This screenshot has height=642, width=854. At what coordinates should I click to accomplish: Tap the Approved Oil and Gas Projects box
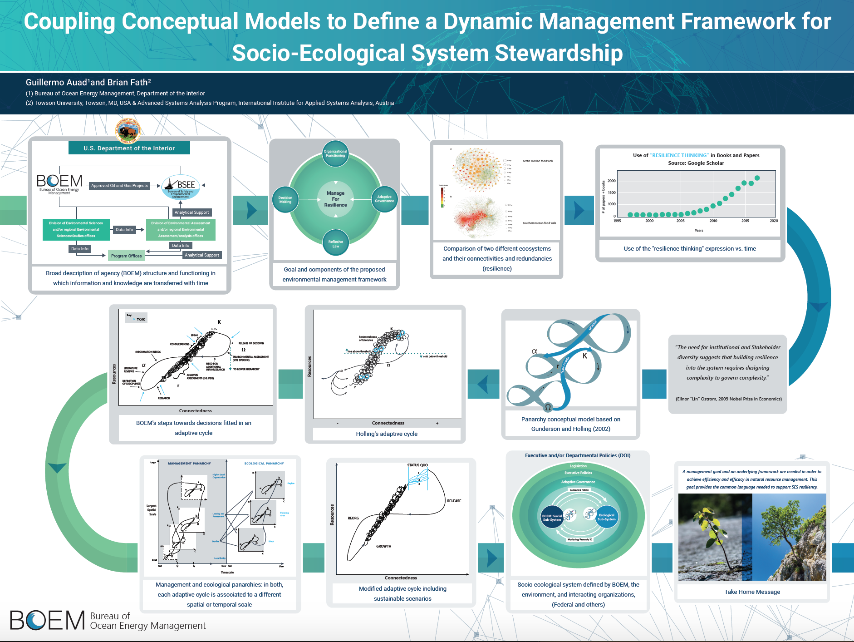pos(119,186)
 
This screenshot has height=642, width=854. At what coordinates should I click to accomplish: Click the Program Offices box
pos(126,256)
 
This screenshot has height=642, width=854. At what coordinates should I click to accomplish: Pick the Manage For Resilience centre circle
pos(335,199)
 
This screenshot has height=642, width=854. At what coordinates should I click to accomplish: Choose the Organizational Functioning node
pos(335,153)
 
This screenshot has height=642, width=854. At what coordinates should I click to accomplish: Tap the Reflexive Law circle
pos(335,244)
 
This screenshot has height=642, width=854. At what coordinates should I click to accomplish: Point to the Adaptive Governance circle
pos(384,199)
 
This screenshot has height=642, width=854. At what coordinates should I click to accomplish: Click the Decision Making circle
pos(285,199)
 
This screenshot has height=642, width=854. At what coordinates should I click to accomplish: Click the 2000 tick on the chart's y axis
pos(611,181)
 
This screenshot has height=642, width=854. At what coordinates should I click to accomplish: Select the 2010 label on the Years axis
pos(713,221)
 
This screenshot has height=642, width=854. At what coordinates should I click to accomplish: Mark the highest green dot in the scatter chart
pos(757,178)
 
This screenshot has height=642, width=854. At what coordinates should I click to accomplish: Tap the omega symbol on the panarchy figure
pos(548,407)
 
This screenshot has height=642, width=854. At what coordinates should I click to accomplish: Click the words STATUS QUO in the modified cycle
pos(417,465)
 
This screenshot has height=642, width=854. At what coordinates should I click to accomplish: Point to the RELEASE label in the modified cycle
pos(454,501)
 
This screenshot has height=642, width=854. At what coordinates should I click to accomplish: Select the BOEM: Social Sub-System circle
pos(552,518)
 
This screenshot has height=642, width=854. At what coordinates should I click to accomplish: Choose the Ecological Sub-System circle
pos(606,517)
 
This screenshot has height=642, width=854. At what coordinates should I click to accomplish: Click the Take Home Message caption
pos(752,592)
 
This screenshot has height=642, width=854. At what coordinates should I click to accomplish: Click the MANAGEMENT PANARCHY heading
pos(189,464)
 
